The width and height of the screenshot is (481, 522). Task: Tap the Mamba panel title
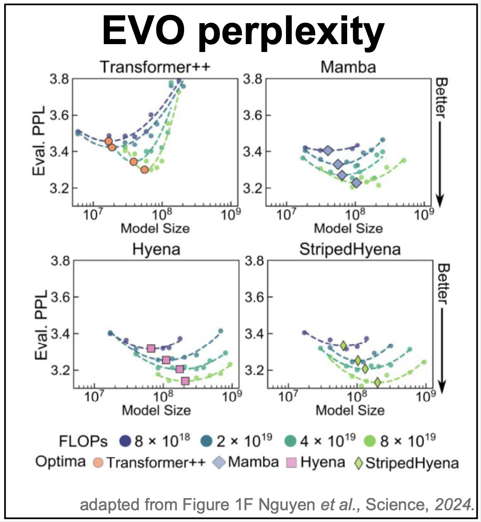pyautogui.click(x=348, y=67)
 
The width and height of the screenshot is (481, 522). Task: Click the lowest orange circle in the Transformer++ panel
pyautogui.click(x=145, y=169)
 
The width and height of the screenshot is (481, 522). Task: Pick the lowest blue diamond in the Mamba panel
pyautogui.click(x=357, y=183)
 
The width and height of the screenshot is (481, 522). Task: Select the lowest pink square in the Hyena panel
pyautogui.click(x=185, y=381)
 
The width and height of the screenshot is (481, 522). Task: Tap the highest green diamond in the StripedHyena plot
pyautogui.click(x=344, y=345)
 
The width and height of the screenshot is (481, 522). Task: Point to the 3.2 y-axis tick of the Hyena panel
pyautogui.click(x=60, y=370)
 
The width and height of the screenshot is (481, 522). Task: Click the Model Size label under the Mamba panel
pyautogui.click(x=349, y=229)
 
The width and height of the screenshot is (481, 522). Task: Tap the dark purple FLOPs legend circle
pyautogui.click(x=124, y=441)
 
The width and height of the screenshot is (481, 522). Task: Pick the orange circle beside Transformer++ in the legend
pyautogui.click(x=98, y=462)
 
